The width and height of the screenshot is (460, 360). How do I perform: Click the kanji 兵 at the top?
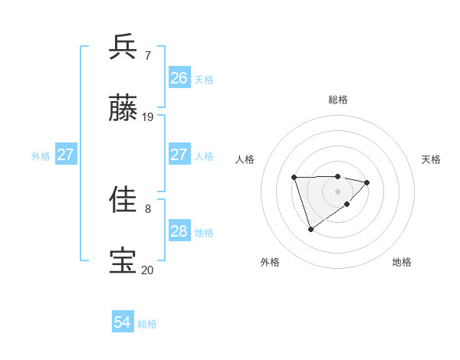tap(123, 47)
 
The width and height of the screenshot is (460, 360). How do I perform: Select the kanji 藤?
tap(123, 109)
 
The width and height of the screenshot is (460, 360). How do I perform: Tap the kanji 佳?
tap(123, 200)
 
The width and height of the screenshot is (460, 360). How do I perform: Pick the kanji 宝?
tap(123, 261)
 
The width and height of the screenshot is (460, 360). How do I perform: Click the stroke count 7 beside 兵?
tap(148, 56)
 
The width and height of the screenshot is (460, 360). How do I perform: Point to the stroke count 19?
tap(148, 117)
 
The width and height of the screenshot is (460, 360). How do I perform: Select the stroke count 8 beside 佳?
tap(148, 208)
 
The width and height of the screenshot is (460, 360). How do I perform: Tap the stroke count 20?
tap(148, 270)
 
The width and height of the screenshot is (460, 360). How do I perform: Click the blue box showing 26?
tap(179, 78)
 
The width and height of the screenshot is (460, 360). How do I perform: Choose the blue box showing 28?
tap(179, 231)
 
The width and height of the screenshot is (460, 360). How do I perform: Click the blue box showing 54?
tap(123, 323)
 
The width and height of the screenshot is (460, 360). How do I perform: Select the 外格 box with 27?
tap(66, 155)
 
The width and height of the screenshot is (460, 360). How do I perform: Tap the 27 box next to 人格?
tap(179, 155)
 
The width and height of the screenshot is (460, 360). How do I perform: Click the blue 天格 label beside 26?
tap(204, 79)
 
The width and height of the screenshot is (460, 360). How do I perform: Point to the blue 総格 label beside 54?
tap(147, 324)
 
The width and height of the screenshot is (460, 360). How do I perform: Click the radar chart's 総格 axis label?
tap(338, 100)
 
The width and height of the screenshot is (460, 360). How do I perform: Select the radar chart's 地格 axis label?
tap(402, 263)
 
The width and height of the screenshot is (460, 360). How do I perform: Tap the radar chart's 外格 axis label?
tap(270, 263)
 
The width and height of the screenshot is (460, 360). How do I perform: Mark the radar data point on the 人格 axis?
tap(294, 178)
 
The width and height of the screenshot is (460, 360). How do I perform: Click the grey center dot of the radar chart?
tap(337, 191)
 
